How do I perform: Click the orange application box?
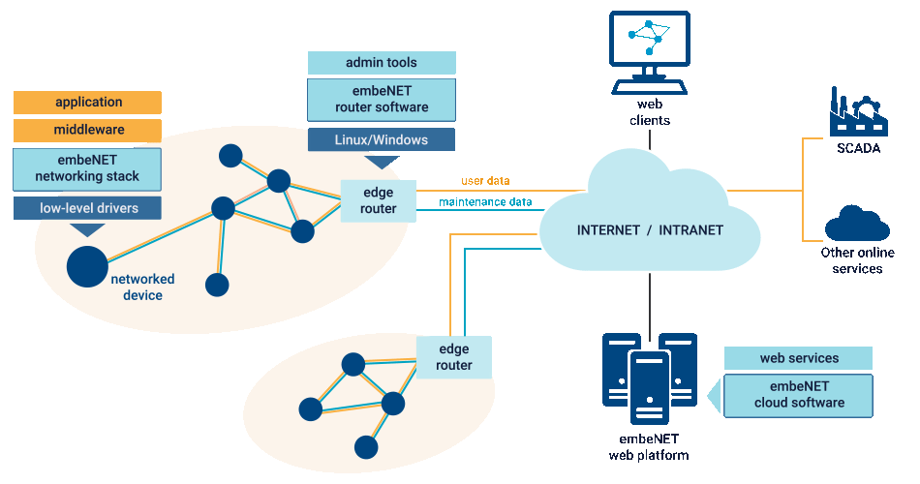click(x=88, y=103)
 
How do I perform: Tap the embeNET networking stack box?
click(x=88, y=168)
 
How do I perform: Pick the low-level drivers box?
click(x=88, y=208)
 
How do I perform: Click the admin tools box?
click(x=382, y=63)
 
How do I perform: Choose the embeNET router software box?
click(x=382, y=100)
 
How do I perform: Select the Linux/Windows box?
click(x=382, y=139)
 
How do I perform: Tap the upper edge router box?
click(x=379, y=201)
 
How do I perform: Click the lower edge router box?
click(x=454, y=357)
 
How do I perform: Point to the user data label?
click(x=484, y=181)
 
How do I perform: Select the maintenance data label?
click(x=485, y=202)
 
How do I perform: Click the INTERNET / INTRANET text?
click(x=650, y=230)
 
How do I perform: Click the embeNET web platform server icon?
click(x=649, y=379)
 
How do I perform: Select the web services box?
click(x=799, y=358)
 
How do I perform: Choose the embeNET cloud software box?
click(x=799, y=395)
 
